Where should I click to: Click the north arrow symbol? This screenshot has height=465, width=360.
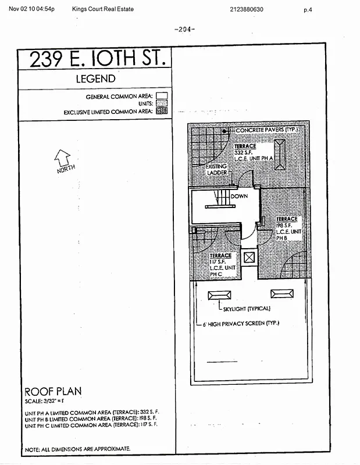(62, 158)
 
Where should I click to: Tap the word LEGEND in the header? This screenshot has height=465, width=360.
(96, 79)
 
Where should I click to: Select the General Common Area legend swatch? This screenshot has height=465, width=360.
(162, 96)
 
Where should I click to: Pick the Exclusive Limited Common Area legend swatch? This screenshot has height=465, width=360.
(162, 110)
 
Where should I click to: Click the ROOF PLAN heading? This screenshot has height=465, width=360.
(53, 391)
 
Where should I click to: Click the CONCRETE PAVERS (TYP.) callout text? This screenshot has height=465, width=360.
(266, 130)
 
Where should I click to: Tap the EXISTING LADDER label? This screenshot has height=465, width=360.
(216, 169)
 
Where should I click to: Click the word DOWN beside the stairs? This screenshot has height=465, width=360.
(239, 196)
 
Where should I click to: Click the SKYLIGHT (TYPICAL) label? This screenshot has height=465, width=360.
(247, 308)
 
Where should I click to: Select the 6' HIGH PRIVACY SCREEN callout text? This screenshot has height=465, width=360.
(244, 323)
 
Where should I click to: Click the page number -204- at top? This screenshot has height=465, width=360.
(184, 29)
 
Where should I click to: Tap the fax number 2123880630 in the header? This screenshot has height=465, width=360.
(247, 9)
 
